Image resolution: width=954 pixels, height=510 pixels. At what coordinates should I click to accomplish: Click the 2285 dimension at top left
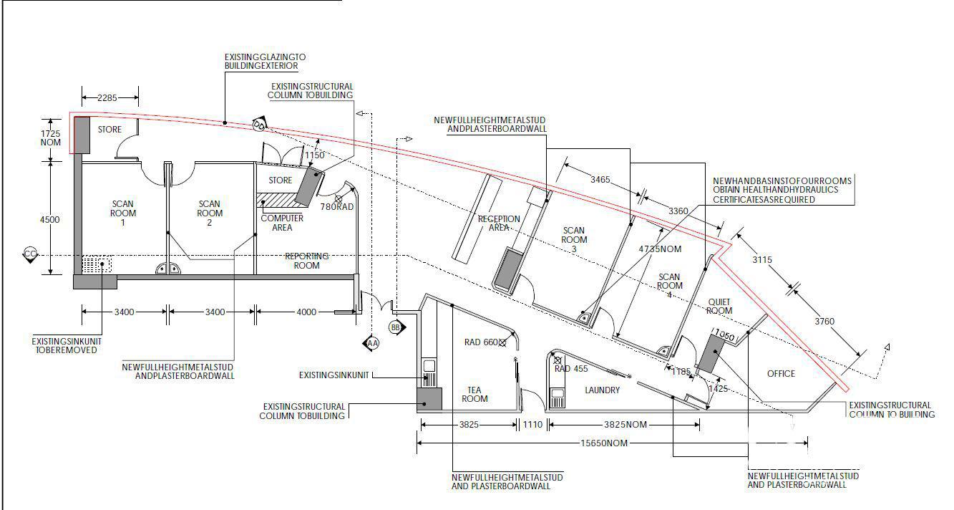[x=107, y=97]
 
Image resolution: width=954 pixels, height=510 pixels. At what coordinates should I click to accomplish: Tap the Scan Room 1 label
[x=123, y=213]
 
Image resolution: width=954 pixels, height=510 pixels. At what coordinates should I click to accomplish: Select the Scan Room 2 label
[x=210, y=213]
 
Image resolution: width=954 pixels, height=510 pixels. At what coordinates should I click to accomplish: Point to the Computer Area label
[x=282, y=223]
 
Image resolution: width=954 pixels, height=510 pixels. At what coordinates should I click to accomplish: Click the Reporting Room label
[x=306, y=261]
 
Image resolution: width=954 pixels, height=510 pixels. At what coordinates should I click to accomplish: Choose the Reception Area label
[x=499, y=223]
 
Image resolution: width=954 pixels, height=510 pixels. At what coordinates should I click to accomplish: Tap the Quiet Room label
[x=719, y=307]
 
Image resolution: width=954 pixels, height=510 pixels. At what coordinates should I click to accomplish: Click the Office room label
[x=781, y=373]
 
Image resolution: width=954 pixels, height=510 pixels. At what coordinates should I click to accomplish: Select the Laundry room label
[x=602, y=390]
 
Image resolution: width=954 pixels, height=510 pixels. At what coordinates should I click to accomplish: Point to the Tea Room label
[x=474, y=395]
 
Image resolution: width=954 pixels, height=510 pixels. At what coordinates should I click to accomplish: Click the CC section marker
[x=30, y=254]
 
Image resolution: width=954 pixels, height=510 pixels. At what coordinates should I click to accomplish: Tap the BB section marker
[x=396, y=327]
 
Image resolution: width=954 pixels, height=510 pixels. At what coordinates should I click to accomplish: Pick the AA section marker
[x=371, y=343]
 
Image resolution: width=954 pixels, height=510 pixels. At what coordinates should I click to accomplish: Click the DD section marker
[x=259, y=125]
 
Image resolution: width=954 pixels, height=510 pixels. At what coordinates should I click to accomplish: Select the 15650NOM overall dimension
[x=604, y=443]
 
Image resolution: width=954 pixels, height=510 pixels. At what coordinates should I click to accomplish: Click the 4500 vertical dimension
[x=50, y=220]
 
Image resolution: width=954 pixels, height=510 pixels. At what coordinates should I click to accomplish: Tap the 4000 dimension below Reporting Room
[x=306, y=312]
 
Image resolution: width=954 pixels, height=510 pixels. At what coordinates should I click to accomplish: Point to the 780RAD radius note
[x=337, y=207]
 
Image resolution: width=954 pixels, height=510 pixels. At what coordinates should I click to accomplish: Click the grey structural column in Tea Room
[x=429, y=400]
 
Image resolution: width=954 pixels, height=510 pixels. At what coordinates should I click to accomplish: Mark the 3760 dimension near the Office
[x=824, y=322]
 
